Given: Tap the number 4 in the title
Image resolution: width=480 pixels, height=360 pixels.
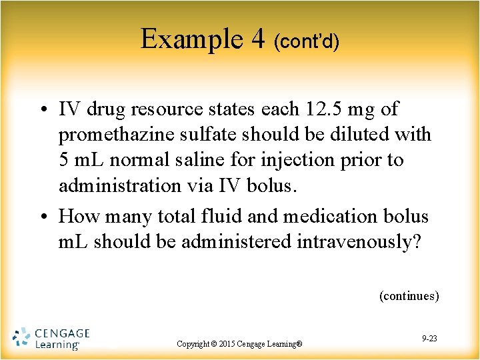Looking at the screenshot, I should pyautogui.click(x=257, y=40).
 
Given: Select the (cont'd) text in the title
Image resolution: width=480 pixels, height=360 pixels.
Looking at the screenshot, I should pyautogui.click(x=307, y=42).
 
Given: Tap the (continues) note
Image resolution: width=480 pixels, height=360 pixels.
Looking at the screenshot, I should pyautogui.click(x=409, y=296).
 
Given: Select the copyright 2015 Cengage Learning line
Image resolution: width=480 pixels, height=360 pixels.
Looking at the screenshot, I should pyautogui.click(x=239, y=344).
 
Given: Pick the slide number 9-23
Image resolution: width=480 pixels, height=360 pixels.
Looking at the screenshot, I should pyautogui.click(x=429, y=339).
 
